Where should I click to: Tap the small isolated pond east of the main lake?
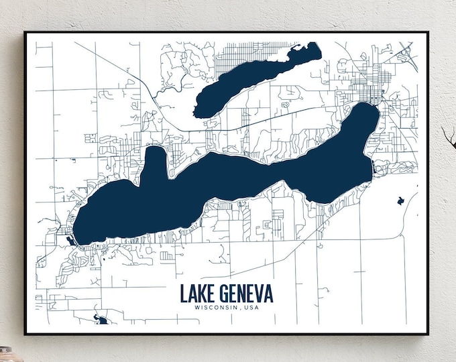click(400, 200)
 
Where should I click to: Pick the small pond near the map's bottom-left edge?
click(102, 320)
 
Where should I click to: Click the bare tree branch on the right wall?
click(447, 134)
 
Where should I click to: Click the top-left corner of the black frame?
click(25, 32)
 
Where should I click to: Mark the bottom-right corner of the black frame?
click(428, 333)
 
